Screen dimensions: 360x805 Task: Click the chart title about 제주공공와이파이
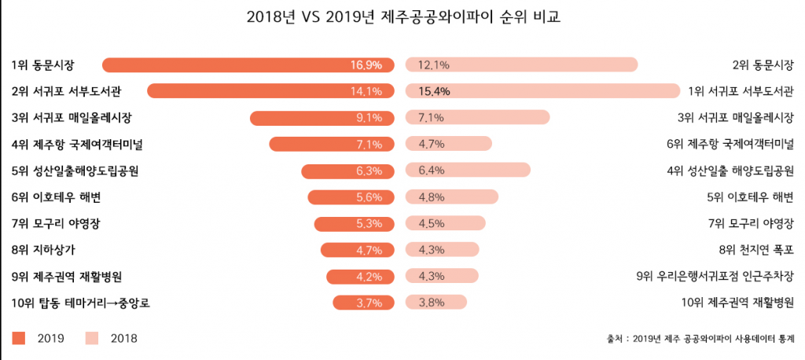402,18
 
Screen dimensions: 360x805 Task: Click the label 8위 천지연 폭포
756,250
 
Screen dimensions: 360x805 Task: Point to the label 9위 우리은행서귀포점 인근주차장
715,277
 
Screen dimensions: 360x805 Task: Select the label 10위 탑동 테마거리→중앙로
81,303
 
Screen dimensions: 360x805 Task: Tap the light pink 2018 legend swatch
92,338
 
